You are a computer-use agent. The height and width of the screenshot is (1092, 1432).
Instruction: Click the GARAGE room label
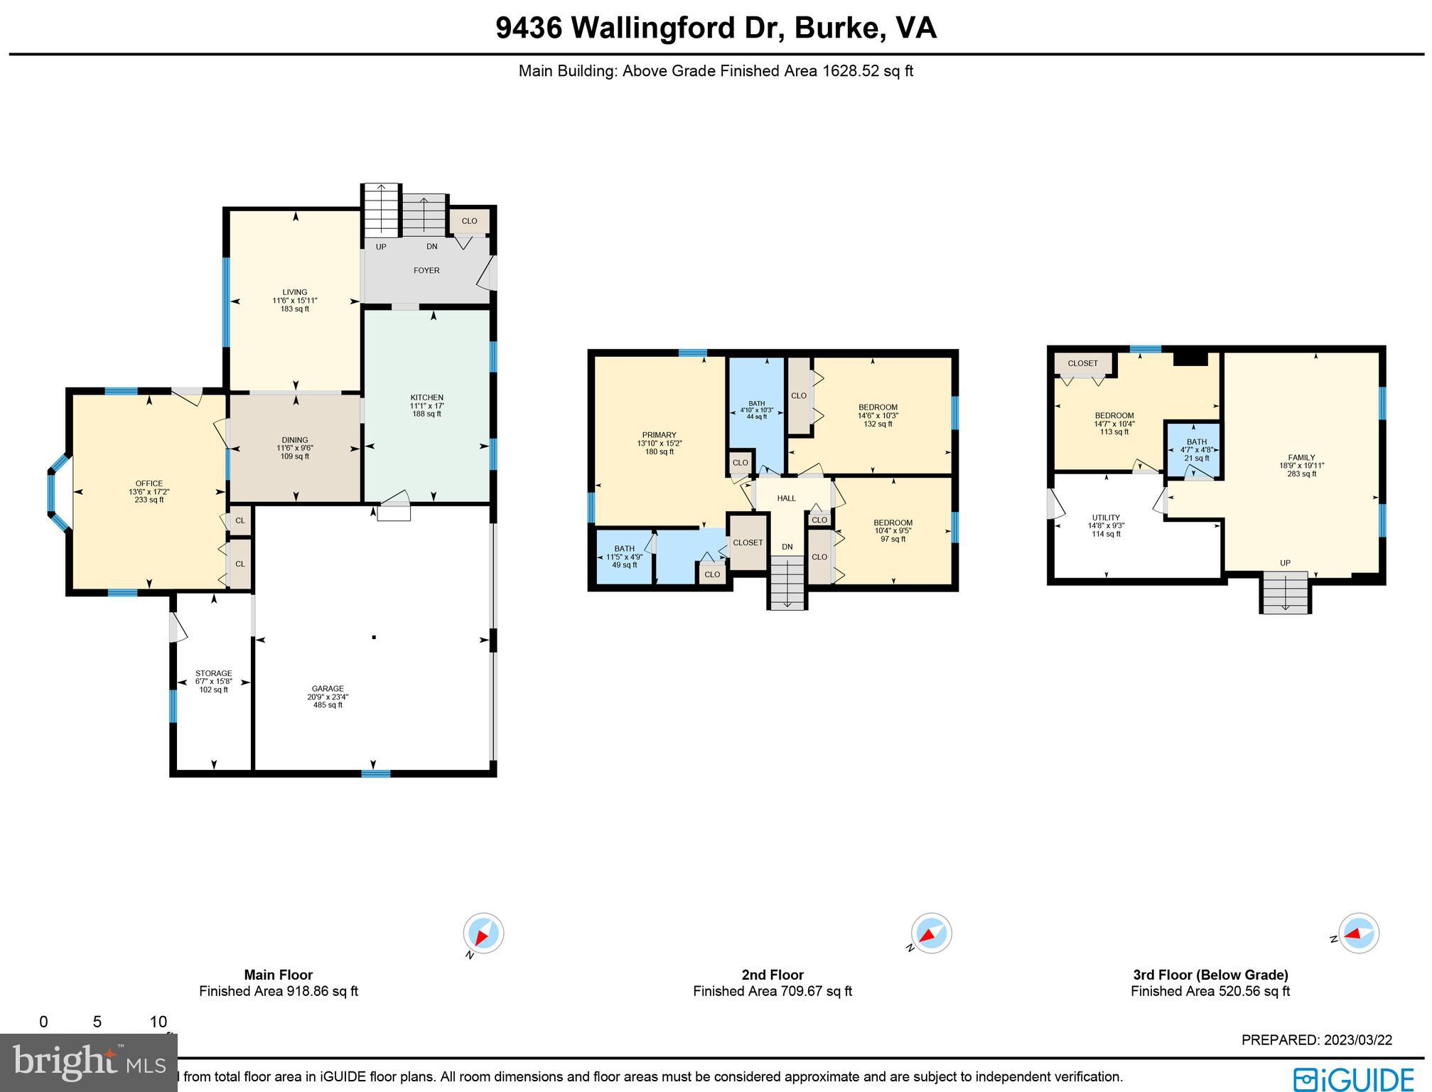[x=328, y=688]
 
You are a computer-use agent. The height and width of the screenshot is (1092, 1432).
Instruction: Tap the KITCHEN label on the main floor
[x=426, y=397]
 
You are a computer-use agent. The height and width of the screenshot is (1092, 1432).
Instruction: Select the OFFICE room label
[x=149, y=483]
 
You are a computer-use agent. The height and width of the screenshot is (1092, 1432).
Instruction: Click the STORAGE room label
[x=213, y=673]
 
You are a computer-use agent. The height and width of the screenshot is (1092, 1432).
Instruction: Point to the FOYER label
[x=426, y=270]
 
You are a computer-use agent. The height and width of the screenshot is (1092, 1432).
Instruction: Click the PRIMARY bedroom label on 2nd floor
[x=659, y=435]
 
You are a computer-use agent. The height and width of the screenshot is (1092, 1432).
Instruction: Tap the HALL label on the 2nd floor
[x=786, y=498]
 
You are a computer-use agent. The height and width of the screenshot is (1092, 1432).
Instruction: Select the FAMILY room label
[x=1301, y=458]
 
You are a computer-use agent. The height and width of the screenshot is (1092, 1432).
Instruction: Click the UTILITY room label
[x=1106, y=518]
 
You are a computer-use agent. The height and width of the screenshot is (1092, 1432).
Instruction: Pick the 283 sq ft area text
[x=1301, y=474]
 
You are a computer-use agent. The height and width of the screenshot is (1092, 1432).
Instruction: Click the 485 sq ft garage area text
[x=328, y=705]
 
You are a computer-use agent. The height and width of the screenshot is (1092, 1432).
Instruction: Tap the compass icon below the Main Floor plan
[x=483, y=933]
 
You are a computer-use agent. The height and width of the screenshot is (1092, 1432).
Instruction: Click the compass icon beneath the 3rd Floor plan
[x=1358, y=933]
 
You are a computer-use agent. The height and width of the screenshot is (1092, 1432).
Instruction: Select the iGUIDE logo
[x=1353, y=1078]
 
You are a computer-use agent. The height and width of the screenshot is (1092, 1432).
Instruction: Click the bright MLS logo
[x=88, y=1063]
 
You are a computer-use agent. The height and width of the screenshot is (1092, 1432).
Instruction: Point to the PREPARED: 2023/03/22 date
[x=1316, y=1040]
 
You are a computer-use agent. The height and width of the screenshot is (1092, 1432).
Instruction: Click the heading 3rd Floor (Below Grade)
[x=1210, y=975]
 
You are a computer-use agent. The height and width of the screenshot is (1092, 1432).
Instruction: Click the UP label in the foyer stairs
[x=381, y=247]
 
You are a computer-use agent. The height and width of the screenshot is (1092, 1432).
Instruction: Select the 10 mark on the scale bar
[x=158, y=1022]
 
